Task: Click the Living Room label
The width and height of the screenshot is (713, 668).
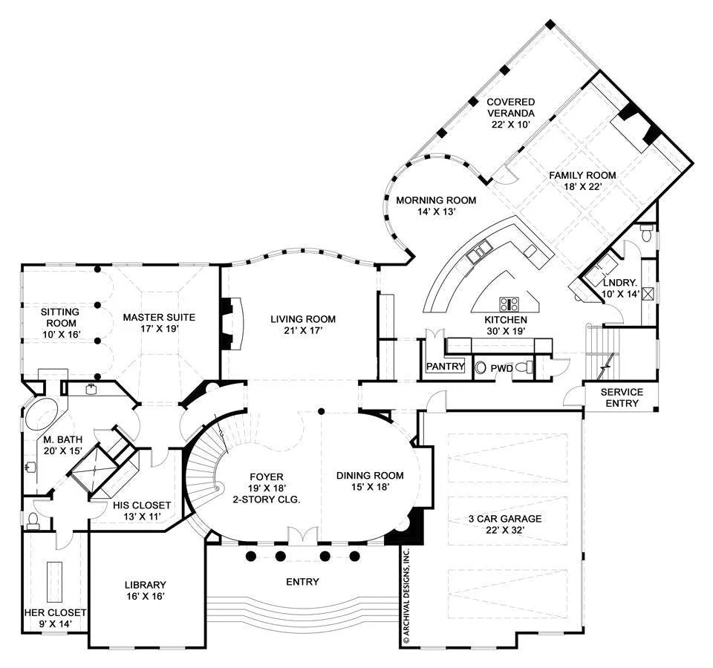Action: [303, 319]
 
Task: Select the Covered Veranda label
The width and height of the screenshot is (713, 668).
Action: [511, 107]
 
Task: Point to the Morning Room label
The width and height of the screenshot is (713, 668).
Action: [436, 200]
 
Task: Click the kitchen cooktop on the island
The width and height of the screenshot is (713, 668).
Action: [509, 304]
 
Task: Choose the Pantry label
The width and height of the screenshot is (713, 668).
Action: [445, 366]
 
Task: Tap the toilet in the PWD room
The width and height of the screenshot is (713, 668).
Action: [525, 367]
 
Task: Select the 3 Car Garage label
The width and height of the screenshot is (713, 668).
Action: [505, 519]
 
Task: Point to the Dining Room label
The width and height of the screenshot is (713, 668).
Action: [370, 476]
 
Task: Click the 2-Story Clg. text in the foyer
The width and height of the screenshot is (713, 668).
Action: [267, 500]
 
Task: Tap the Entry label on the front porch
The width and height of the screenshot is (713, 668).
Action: [302, 582]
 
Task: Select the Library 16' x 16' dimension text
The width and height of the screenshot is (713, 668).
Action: [145, 596]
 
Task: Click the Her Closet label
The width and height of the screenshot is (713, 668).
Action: [55, 613]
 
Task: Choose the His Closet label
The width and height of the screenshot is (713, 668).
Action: [141, 505]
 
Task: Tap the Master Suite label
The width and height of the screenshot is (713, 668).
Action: [159, 317]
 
